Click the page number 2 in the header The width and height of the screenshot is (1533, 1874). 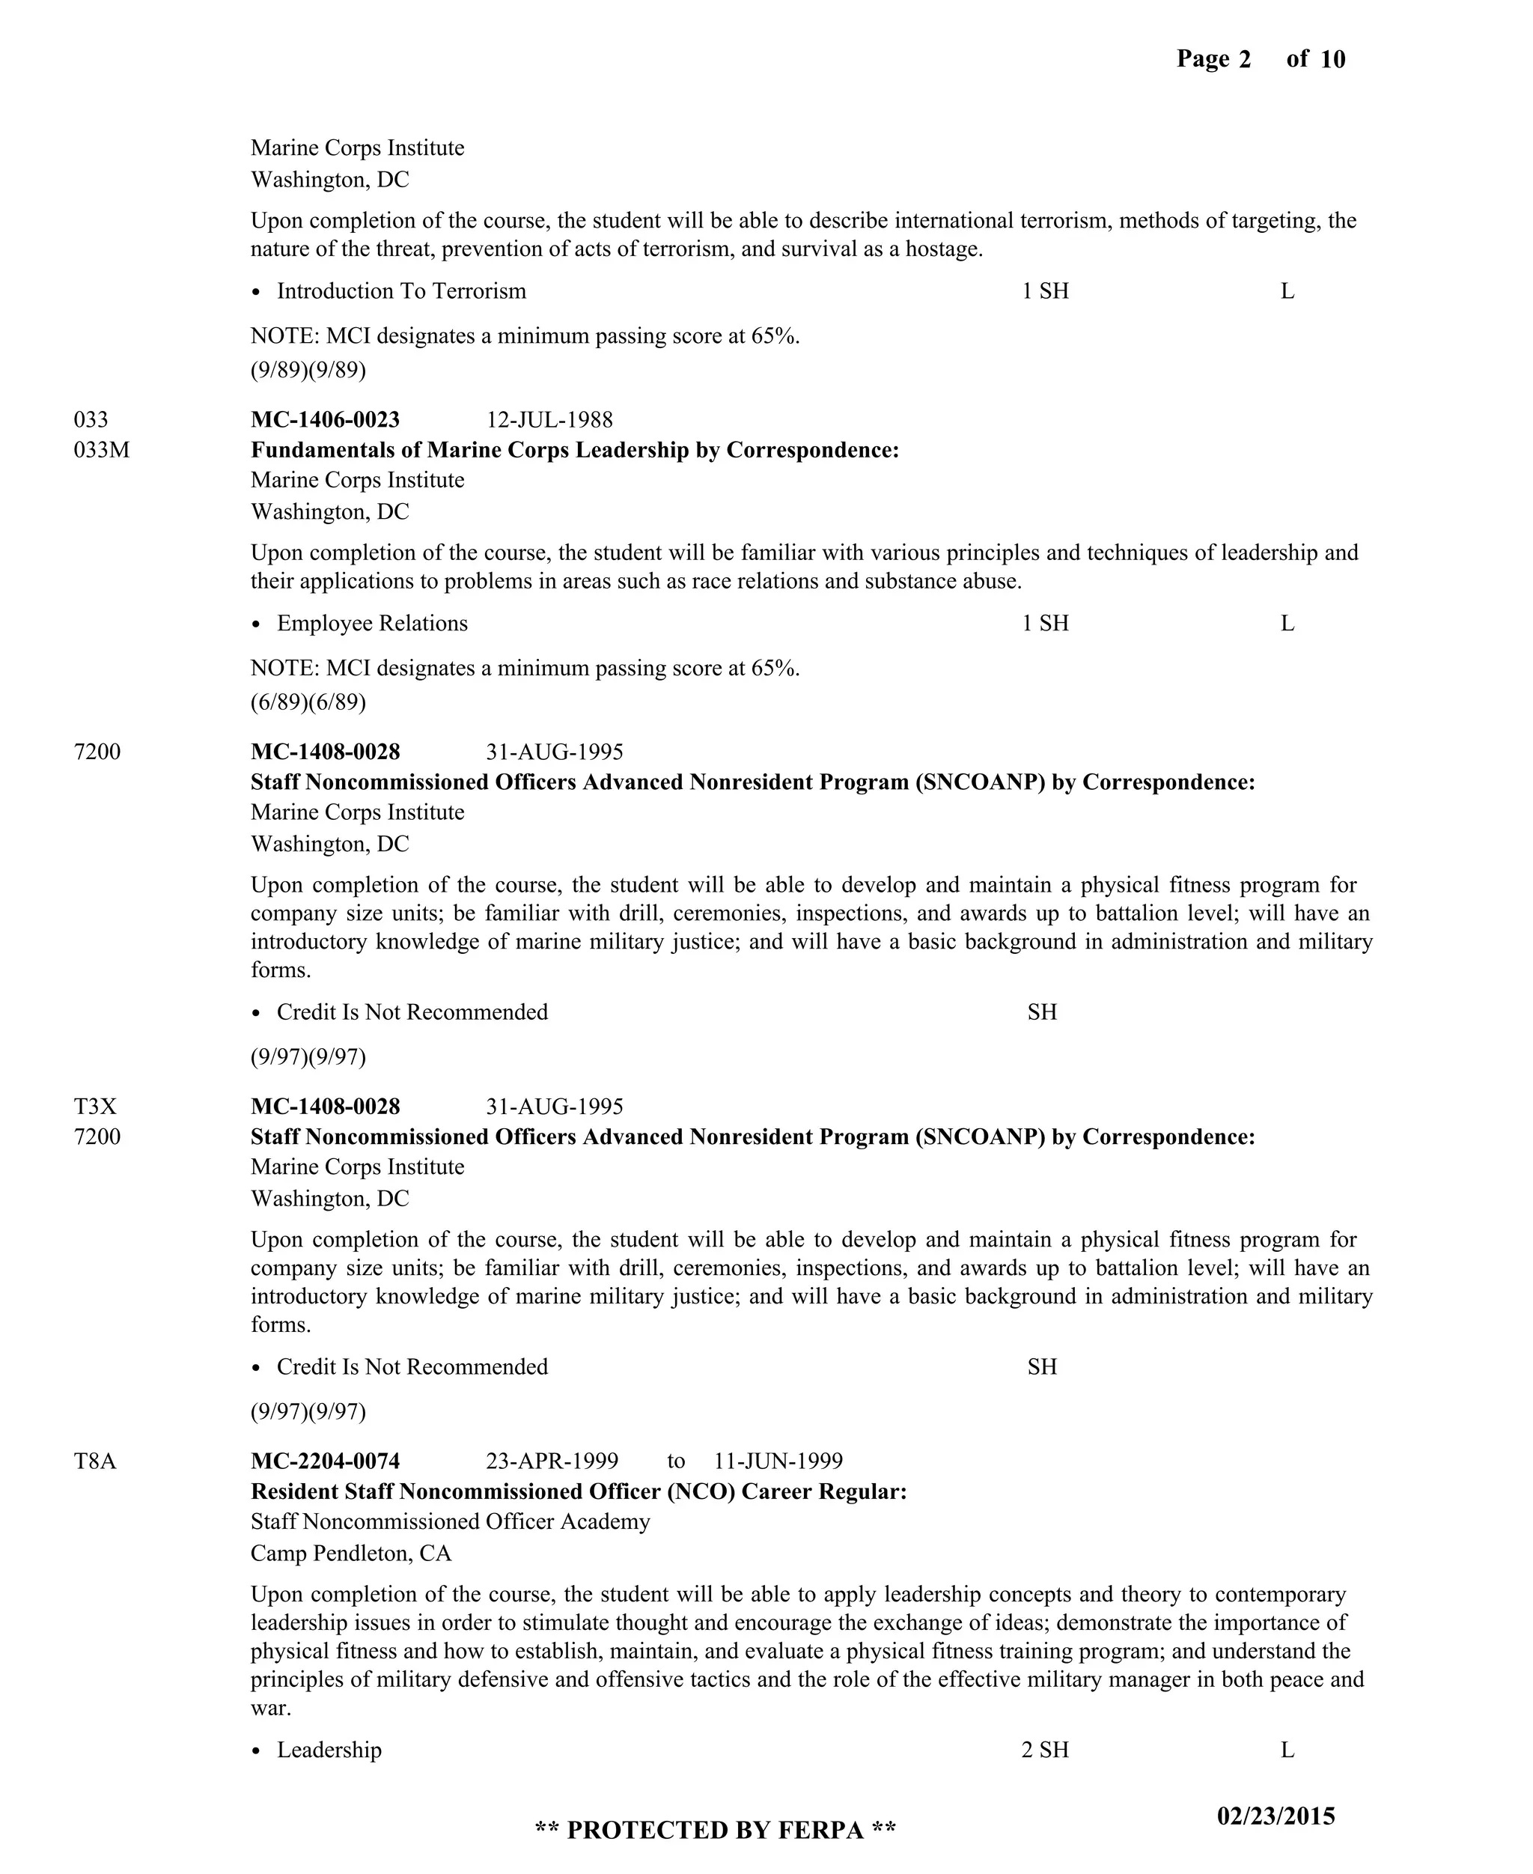[1244, 59]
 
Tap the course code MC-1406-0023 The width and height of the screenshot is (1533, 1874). [325, 419]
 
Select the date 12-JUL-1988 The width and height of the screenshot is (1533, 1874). [549, 419]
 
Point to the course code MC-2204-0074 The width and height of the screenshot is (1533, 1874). [325, 1461]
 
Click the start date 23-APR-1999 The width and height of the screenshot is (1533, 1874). [552, 1461]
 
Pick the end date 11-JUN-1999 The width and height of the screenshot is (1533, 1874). [778, 1461]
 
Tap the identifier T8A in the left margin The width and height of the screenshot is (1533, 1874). [95, 1461]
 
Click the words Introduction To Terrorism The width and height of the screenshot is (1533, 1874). [401, 290]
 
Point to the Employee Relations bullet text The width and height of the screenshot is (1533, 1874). [372, 623]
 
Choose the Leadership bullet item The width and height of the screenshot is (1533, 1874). [329, 1750]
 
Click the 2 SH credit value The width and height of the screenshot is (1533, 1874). [1045, 1750]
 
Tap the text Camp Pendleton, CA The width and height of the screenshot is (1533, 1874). [350, 1553]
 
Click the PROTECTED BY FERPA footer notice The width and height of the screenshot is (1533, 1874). [716, 1829]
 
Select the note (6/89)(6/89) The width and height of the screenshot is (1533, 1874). [308, 702]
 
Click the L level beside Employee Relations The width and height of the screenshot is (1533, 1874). [1287, 623]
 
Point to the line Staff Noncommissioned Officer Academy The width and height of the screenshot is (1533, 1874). [451, 1521]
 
